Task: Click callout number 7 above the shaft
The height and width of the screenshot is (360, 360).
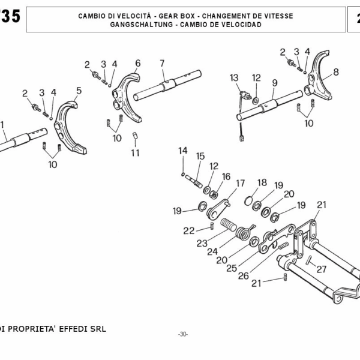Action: coord(162,63)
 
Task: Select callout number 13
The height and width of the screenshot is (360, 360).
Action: coord(234,77)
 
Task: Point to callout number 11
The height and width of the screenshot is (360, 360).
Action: coord(136,152)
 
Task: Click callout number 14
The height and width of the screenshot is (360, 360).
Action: coord(182,150)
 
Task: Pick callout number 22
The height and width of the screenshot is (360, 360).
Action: coord(189,230)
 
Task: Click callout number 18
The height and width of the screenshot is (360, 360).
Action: coord(262,182)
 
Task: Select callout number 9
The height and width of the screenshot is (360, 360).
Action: coord(274,83)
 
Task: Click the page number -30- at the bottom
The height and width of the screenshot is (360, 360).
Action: coord(183,334)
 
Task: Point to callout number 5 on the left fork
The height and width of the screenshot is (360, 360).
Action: coord(79,90)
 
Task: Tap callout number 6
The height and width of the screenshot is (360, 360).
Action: coord(137,63)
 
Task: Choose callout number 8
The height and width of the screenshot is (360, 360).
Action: coord(335,72)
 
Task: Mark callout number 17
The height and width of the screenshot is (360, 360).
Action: coord(241,183)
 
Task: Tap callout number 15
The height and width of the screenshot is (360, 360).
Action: coord(200,156)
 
